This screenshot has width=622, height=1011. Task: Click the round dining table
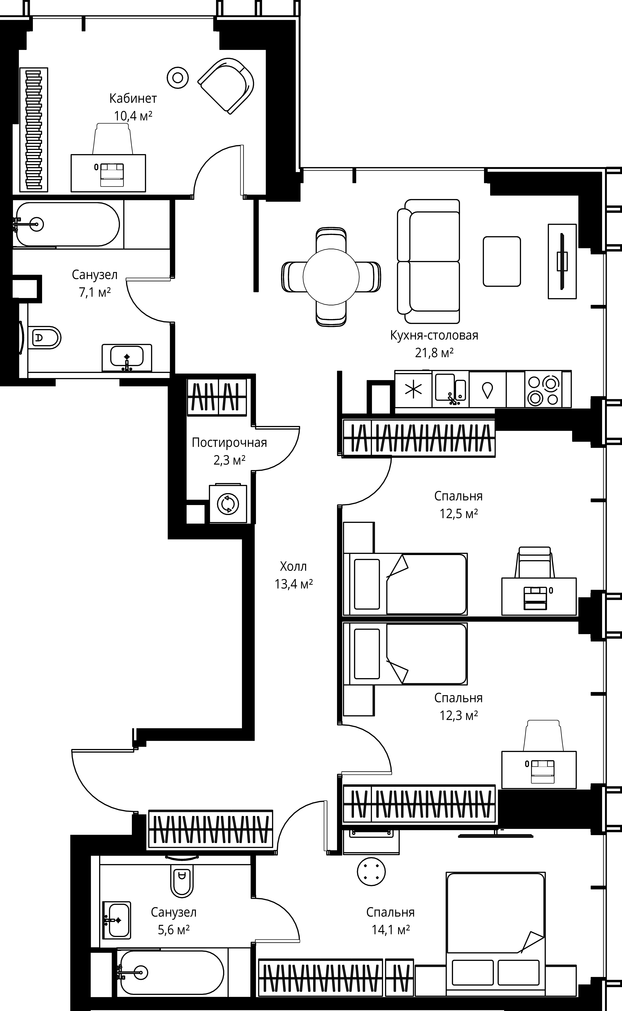pyautogui.click(x=331, y=277)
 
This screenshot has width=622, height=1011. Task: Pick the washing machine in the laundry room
pyautogui.click(x=228, y=503)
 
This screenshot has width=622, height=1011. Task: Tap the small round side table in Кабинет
pyautogui.click(x=178, y=77)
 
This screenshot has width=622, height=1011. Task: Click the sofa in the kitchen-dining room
pyautogui.click(x=428, y=261)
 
